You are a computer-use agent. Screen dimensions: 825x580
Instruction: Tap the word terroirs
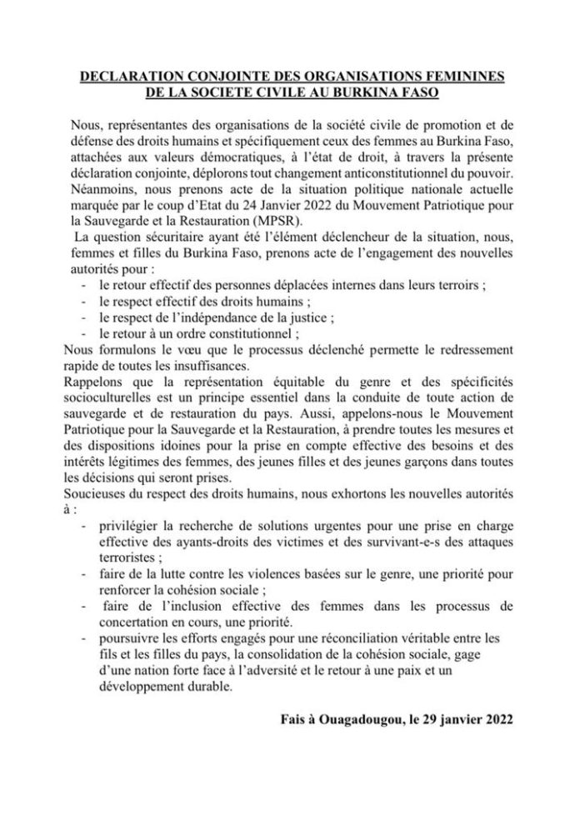point(463,284)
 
